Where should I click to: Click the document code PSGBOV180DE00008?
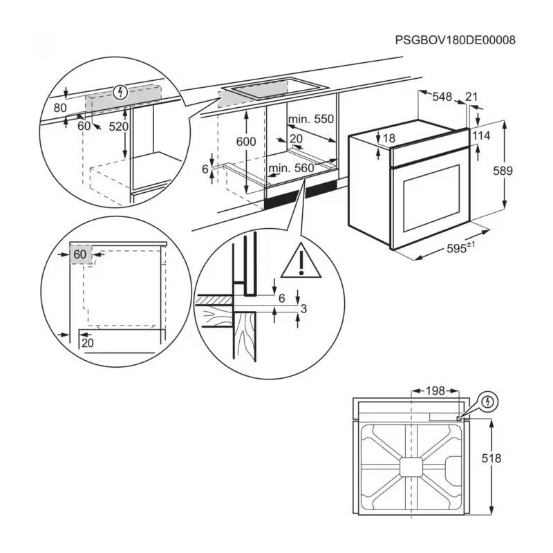456,40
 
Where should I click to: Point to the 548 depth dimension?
442,98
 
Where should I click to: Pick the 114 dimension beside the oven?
482,136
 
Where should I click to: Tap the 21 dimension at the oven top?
471,98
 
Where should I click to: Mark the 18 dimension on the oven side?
388,139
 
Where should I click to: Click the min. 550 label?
311,120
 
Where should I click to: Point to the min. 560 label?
292,168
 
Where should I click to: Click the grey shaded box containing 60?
80,254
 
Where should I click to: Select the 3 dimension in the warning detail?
303,307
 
